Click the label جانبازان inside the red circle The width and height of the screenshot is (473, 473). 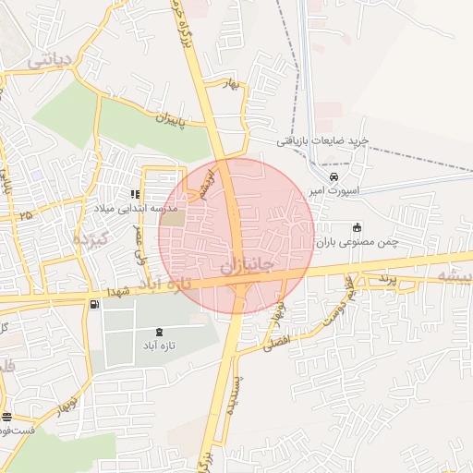click(247, 265)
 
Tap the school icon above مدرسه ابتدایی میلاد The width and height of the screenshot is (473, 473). click(135, 195)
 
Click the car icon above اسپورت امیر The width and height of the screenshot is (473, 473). click(334, 177)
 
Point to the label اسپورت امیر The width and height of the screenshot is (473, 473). click(334, 190)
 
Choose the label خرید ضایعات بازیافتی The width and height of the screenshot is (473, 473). click(324, 140)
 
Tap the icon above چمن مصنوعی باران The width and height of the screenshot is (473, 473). click(358, 227)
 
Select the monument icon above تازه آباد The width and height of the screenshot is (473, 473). click(164, 332)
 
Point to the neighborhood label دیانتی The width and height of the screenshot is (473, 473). click(49, 61)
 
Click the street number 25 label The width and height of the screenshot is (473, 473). click(25, 215)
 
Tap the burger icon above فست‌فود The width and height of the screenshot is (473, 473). click(8, 418)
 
